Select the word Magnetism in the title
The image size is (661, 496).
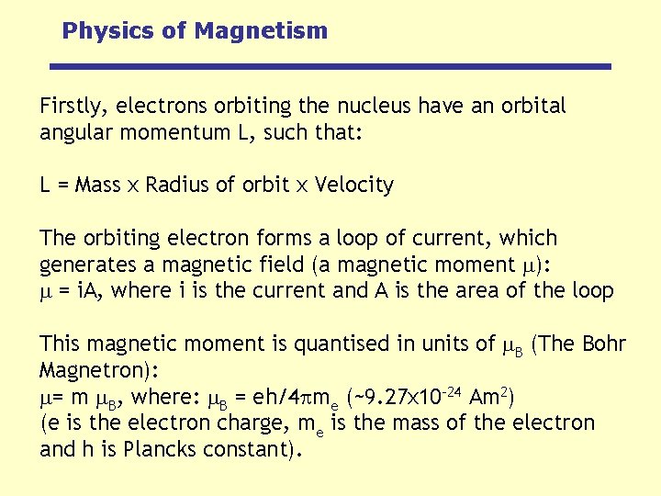click(261, 31)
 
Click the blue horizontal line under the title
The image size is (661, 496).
click(330, 66)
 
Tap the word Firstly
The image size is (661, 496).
click(70, 107)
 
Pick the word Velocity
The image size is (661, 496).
click(353, 186)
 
